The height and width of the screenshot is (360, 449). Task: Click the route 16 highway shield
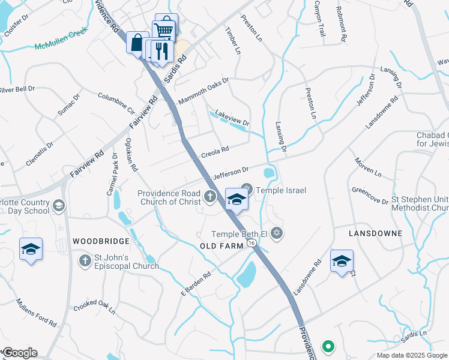[252, 243]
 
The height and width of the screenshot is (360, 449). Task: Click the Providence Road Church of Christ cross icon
[210, 195]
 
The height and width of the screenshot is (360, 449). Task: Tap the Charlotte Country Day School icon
[58, 206]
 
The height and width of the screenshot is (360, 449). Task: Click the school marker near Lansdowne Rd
[342, 261]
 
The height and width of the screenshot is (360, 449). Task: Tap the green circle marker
[328, 346]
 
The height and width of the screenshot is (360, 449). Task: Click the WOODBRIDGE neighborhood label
[101, 241]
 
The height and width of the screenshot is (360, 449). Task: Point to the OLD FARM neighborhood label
[222, 246]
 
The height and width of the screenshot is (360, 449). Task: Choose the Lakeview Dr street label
[232, 118]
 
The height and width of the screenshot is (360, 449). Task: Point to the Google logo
[19, 352]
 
